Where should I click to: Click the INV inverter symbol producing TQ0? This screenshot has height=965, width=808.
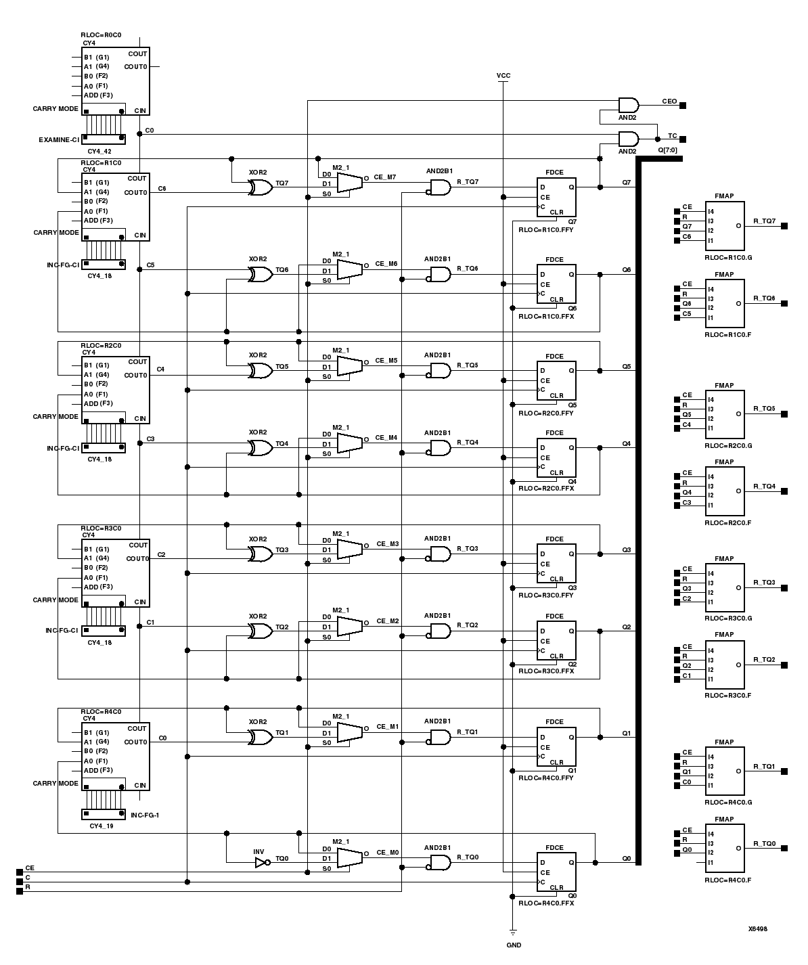pyautogui.click(x=261, y=863)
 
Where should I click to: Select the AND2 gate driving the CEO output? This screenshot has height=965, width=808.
pyautogui.click(x=628, y=105)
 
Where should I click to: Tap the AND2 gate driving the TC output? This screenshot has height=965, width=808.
pyautogui.click(x=628, y=139)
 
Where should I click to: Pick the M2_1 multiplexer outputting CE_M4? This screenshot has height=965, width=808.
pyautogui.click(x=349, y=443)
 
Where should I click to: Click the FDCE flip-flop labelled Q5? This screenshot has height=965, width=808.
pyautogui.click(x=556, y=380)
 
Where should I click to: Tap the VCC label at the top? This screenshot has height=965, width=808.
pyautogui.click(x=503, y=76)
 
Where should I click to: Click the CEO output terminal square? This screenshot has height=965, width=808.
pyautogui.click(x=683, y=105)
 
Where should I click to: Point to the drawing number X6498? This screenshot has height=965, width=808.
pyautogui.click(x=757, y=929)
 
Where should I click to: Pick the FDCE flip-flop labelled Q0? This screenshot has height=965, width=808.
pyautogui.click(x=556, y=872)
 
